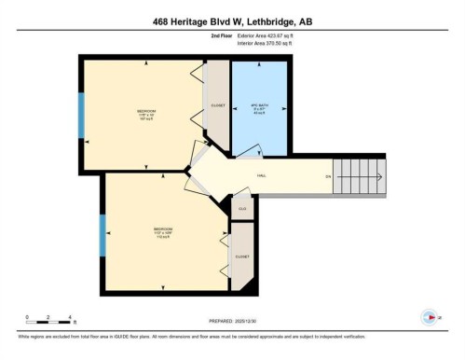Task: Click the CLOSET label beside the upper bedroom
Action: click(217, 105)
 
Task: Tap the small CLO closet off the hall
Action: click(241, 208)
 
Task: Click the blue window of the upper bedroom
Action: click(81, 115)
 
